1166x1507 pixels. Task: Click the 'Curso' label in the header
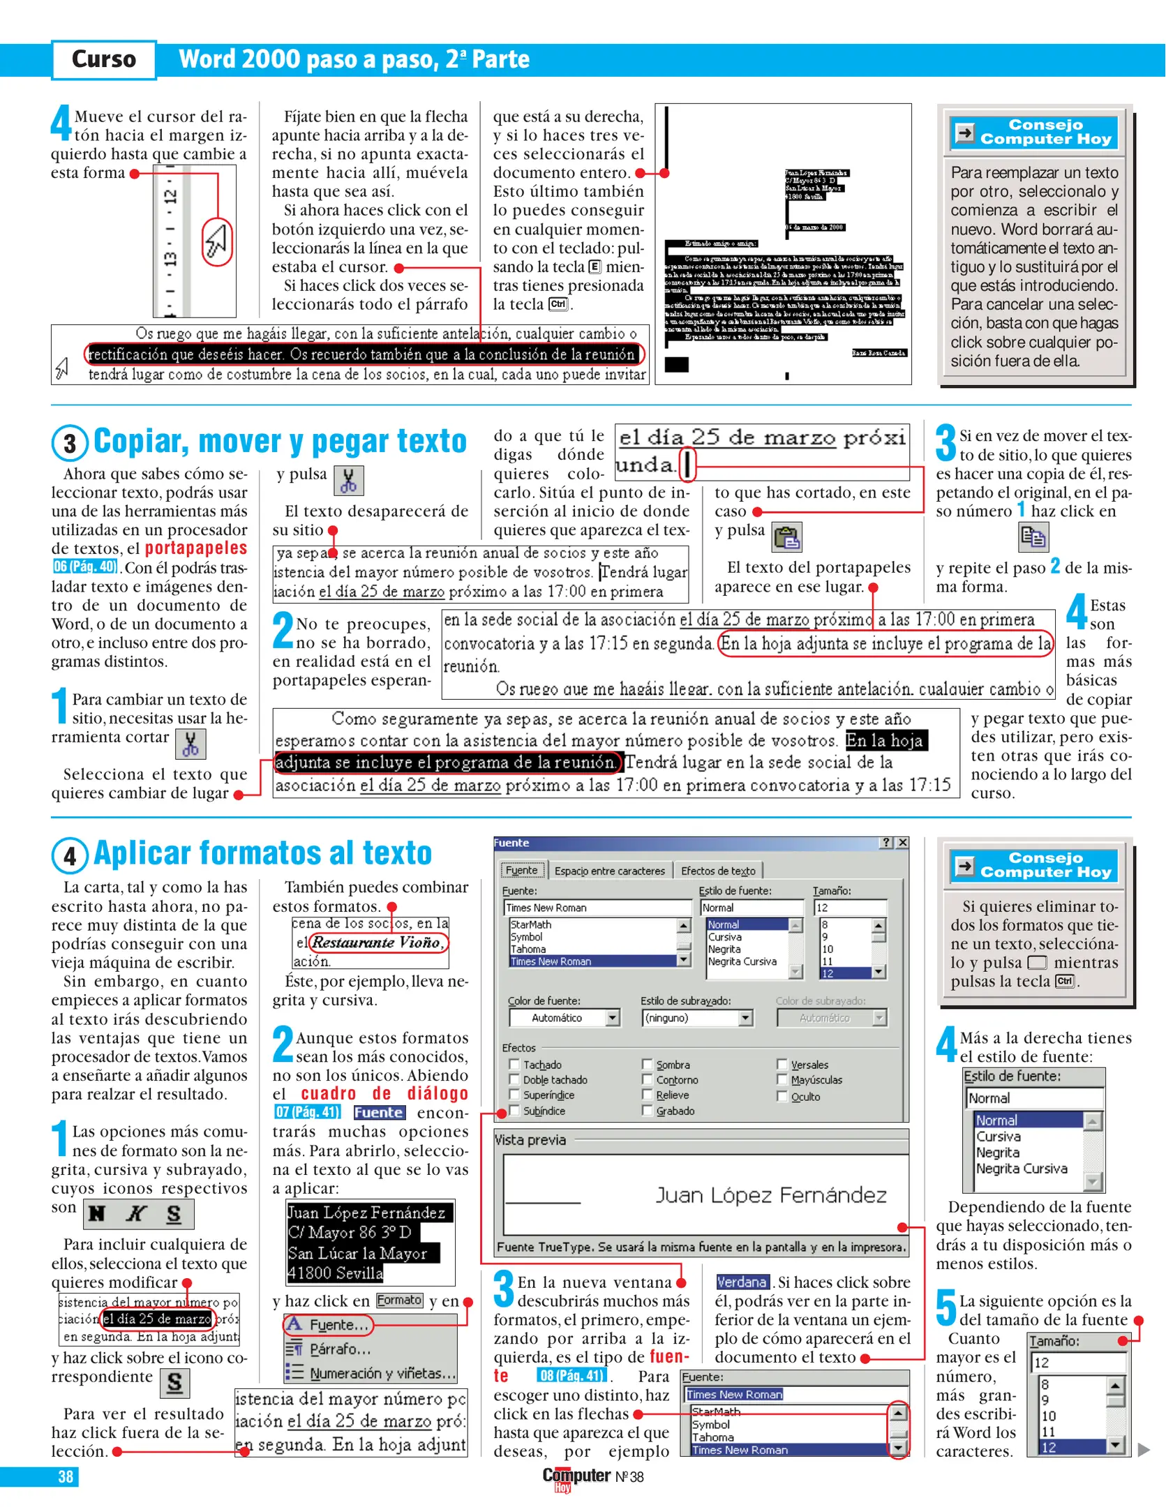coord(104,59)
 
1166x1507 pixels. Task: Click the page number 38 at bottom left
coord(66,1476)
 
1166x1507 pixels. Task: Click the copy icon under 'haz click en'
coord(1033,537)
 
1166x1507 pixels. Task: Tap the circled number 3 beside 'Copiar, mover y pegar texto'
coord(70,444)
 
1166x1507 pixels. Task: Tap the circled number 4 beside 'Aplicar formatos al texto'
coord(70,855)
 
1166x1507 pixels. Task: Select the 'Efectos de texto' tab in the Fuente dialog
coord(717,871)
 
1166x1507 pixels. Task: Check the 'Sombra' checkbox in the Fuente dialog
coord(648,1065)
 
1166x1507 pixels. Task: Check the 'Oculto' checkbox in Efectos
coord(782,1096)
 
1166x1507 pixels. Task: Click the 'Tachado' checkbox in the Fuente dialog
coord(515,1065)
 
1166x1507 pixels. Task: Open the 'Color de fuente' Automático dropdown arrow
coord(613,1018)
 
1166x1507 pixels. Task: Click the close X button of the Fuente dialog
coord(902,843)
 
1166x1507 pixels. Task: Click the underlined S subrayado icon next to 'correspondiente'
coord(174,1383)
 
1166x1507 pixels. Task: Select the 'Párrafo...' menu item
coord(339,1349)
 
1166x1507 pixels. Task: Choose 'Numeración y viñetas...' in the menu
coord(382,1373)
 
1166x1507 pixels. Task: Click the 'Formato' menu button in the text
coord(399,1300)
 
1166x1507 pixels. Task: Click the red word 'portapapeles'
coord(196,548)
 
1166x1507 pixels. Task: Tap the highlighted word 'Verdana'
coord(742,1282)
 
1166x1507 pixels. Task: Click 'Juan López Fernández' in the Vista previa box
coord(770,1195)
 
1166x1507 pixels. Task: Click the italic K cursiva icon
coord(136,1214)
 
